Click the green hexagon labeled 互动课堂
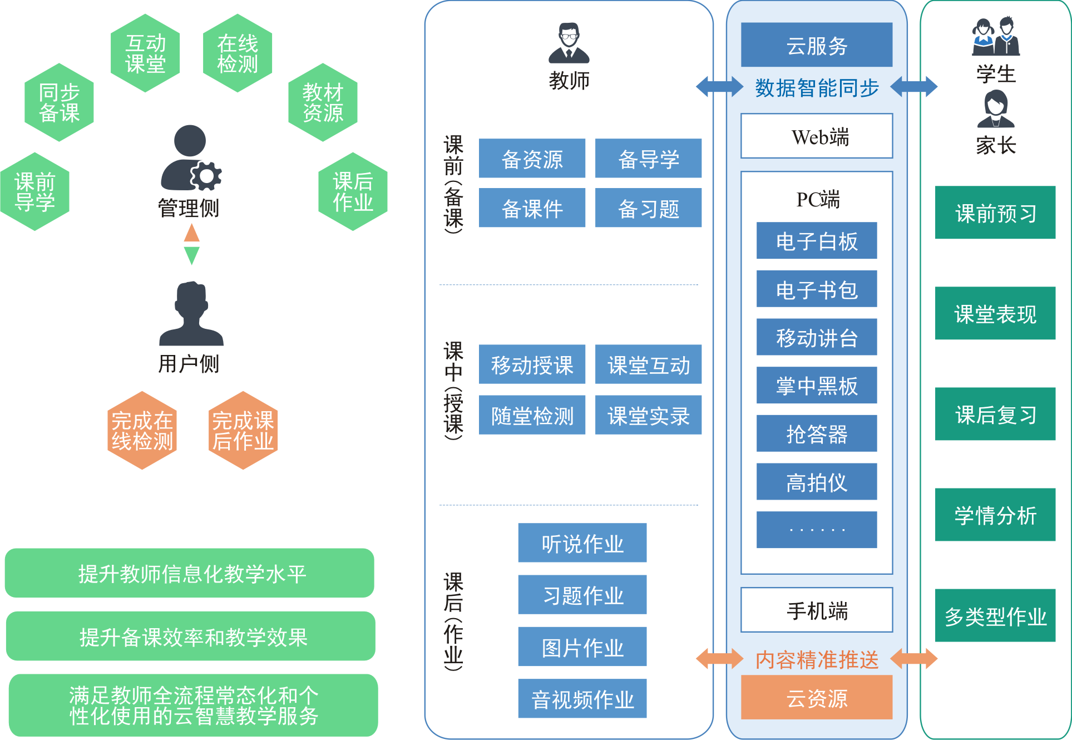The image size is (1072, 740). tap(145, 53)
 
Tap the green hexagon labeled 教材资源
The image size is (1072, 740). tap(323, 102)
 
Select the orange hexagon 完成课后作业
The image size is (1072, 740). tap(243, 431)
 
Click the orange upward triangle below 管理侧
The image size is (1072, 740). tap(192, 233)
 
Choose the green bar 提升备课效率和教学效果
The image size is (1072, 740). tap(191, 637)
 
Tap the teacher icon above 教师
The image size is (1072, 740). tap(569, 43)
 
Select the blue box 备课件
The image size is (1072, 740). tap(532, 208)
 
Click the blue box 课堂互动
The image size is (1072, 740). tap(648, 365)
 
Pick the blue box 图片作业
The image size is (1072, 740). tap(582, 647)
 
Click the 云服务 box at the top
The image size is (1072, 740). tap(817, 45)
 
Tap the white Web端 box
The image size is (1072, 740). tap(817, 136)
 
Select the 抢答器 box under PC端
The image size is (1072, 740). tap(817, 433)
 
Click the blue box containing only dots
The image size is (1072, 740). tap(817, 530)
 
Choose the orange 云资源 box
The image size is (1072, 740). tap(817, 698)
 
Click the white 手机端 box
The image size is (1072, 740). tap(817, 610)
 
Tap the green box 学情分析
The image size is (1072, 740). tap(995, 515)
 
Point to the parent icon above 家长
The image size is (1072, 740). tap(995, 109)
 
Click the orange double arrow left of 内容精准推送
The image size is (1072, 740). tap(719, 659)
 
